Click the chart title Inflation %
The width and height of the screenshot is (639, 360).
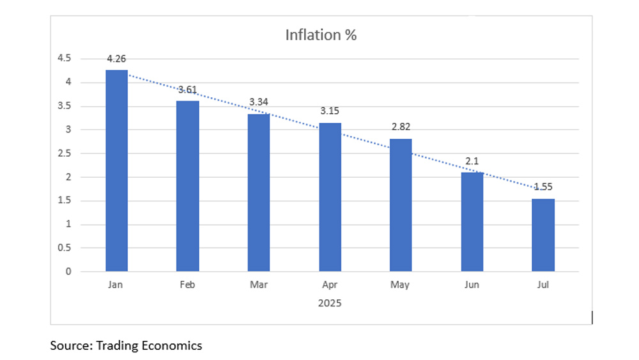pyautogui.click(x=321, y=35)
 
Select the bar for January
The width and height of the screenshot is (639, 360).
pyautogui.click(x=116, y=171)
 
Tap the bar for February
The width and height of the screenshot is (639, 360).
pyautogui.click(x=187, y=186)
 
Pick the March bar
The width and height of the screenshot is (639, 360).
pyautogui.click(x=259, y=192)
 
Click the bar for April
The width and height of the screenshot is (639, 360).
pyautogui.click(x=330, y=197)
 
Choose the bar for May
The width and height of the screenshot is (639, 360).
pyautogui.click(x=401, y=205)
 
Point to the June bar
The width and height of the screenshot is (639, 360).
pyautogui.click(x=472, y=222)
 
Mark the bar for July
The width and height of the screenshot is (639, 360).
pyautogui.click(x=543, y=235)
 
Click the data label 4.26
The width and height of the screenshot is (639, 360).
pyautogui.click(x=116, y=59)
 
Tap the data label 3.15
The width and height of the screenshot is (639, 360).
pyautogui.click(x=330, y=111)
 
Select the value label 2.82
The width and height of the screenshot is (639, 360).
pyautogui.click(x=401, y=127)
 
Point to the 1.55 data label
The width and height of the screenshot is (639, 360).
pyautogui.click(x=543, y=187)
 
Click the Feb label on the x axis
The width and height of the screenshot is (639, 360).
pyautogui.click(x=187, y=285)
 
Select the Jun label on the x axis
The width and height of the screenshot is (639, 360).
pyautogui.click(x=472, y=285)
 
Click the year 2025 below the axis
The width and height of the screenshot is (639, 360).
pyautogui.click(x=330, y=303)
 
